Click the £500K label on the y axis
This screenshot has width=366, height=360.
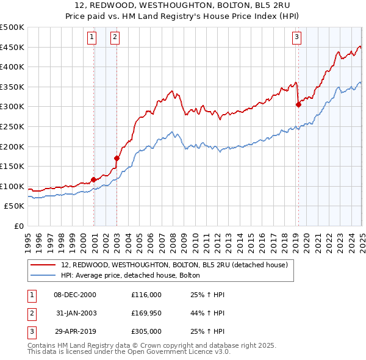pos(12,27)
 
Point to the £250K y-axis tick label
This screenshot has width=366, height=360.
pos(12,126)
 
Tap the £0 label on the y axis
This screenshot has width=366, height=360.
pos(19,226)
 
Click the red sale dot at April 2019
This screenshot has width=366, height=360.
pos(298,104)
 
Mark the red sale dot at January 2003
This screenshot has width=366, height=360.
pos(117,158)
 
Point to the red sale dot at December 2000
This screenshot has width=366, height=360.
pos(94,179)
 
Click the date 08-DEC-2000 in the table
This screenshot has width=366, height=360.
pos(75,295)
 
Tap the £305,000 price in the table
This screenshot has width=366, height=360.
pos(147,333)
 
